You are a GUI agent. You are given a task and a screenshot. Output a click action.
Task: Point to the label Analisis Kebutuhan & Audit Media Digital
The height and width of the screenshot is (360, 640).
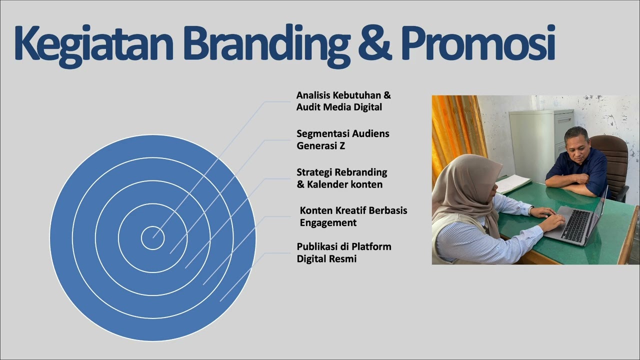click(343, 101)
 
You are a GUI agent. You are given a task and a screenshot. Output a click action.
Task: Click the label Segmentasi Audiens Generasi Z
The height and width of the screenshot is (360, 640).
click(342, 140)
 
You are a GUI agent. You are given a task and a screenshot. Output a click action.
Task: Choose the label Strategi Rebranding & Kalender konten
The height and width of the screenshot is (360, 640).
click(341, 178)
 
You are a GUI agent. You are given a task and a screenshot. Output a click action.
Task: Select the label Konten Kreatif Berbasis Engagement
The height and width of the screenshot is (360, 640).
click(353, 216)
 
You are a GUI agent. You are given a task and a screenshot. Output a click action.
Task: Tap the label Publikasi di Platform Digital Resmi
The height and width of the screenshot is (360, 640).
click(343, 252)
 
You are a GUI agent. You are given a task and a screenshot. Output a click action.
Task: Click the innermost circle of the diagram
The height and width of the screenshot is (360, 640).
click(152, 238)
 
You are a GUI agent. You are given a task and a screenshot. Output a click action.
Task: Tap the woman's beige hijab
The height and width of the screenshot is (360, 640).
click(462, 190)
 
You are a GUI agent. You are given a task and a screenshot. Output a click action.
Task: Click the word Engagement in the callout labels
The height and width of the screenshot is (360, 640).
click(328, 222)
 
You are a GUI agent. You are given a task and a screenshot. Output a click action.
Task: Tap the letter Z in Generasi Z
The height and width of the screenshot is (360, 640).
click(342, 146)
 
